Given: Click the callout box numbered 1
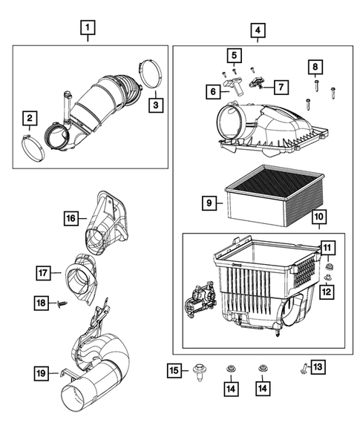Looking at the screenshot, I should [88, 30].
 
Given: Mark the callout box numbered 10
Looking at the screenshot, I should [319, 217].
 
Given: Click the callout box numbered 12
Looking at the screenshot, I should [325, 292].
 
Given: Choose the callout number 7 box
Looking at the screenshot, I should [281, 87].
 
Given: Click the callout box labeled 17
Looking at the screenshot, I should [45, 274].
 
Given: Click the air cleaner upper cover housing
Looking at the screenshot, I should [267, 122].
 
